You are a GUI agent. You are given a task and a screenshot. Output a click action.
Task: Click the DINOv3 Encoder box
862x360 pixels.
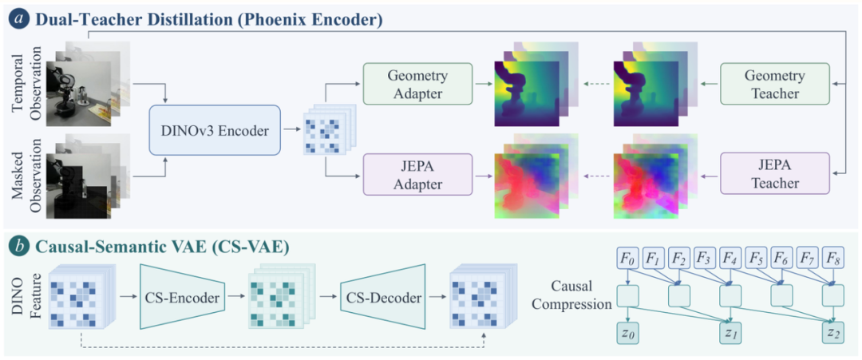pyautogui.click(x=215, y=132)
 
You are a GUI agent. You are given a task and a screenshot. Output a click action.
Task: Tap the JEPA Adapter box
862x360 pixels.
pyautogui.click(x=417, y=175)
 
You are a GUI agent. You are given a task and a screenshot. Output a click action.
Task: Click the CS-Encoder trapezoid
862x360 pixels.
pyautogui.click(x=183, y=299)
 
